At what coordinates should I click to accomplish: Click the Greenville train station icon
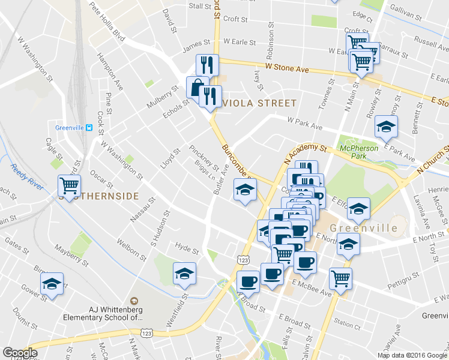coord(89,127)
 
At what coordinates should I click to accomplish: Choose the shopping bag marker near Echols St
coord(197,88)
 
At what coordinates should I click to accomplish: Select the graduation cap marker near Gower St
coord(52,284)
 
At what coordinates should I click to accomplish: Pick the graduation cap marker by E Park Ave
coord(386,126)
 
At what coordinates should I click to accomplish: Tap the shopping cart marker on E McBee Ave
coord(340,278)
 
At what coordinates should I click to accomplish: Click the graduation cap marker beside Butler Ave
coord(244,191)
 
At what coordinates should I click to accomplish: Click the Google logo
coord(20,353)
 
